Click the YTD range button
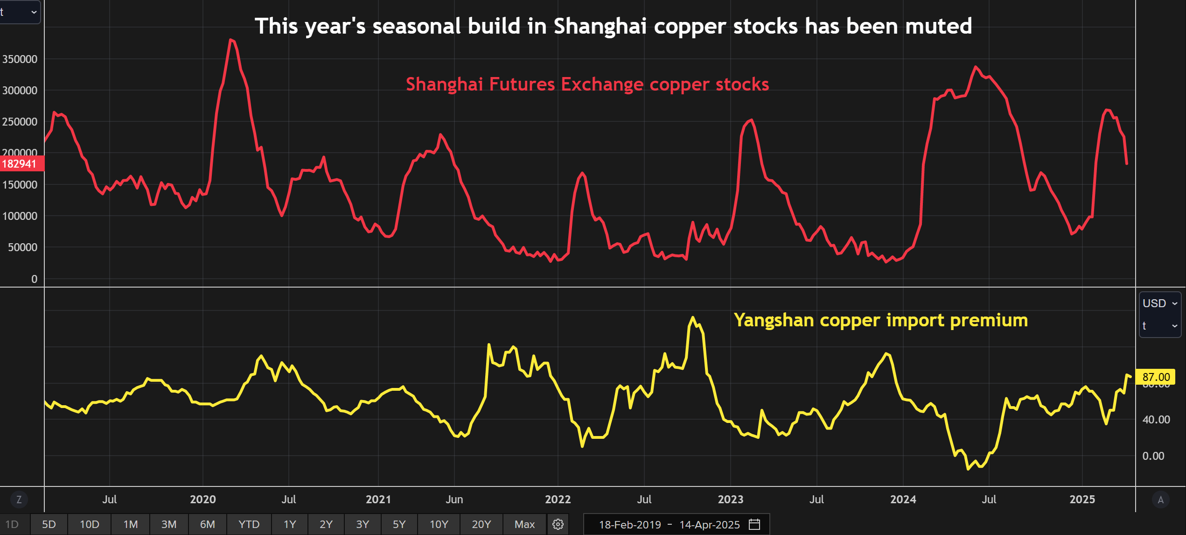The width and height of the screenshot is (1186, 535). (x=249, y=524)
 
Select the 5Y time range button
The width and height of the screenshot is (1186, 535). (x=399, y=524)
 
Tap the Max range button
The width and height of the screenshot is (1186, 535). (x=524, y=524)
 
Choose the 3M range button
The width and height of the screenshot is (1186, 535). (x=169, y=524)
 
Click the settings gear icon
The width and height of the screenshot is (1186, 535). (x=558, y=524)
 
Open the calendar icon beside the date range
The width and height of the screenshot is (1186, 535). (x=754, y=524)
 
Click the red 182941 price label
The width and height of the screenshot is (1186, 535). (x=20, y=164)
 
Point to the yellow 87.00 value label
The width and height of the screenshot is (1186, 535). (x=1156, y=377)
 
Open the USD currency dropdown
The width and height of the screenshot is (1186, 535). (x=1159, y=303)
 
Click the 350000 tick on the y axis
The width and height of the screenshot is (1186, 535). (x=20, y=59)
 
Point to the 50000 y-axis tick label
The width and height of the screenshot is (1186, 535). (x=22, y=247)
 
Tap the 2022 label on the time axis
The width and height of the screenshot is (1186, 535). (x=558, y=500)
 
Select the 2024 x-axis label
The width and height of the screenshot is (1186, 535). (x=903, y=500)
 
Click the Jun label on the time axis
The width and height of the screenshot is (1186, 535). (x=454, y=500)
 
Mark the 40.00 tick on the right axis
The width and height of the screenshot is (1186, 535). (x=1156, y=420)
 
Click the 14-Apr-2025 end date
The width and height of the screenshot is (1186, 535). (x=709, y=525)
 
